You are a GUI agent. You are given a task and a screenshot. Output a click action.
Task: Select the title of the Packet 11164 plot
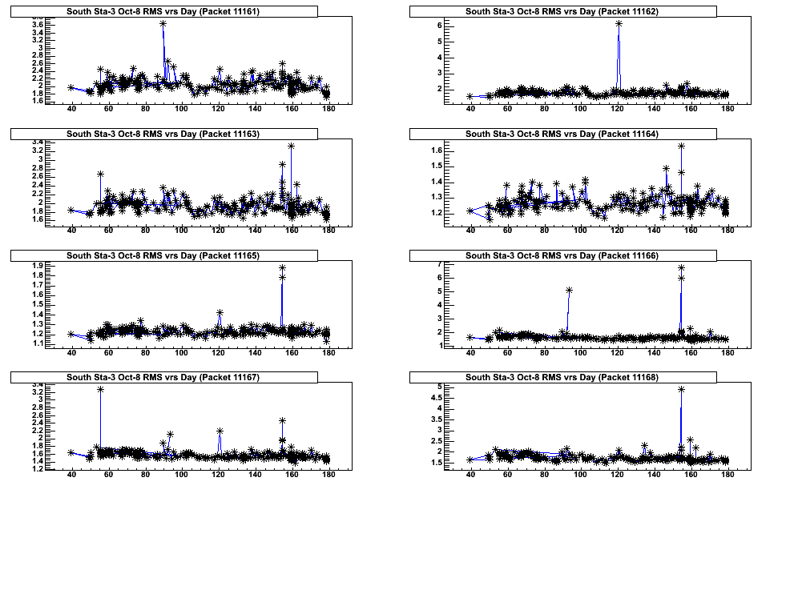coord(562,134)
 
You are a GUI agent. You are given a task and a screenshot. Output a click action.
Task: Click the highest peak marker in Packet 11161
coord(163,24)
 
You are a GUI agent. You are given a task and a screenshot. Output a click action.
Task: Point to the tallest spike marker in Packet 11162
coord(619,24)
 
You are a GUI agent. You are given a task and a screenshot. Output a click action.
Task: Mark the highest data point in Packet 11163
coord(291,146)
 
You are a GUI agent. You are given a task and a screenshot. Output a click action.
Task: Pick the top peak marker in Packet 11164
coord(681,146)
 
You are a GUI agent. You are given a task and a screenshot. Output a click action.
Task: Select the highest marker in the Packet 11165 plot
coord(282,267)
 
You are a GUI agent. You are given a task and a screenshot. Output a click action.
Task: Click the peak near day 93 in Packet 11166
coord(569,290)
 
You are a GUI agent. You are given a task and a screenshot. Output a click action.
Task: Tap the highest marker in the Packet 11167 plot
coord(100,389)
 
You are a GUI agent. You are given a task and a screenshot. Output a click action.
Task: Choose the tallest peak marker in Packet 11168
coord(681,389)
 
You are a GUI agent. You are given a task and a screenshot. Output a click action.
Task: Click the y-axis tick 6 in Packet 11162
coord(440,26)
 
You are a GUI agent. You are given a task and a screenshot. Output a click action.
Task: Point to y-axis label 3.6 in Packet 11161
coord(38,25)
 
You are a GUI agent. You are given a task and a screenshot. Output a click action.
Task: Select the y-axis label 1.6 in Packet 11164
coord(437,150)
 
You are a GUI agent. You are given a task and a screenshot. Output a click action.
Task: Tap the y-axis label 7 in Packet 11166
coord(440,264)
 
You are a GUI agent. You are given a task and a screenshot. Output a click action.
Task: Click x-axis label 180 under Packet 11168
coord(727,475)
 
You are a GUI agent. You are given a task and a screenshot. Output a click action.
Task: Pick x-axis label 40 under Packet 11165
coord(71,353)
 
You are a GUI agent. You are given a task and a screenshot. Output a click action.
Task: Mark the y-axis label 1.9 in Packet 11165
coord(38,266)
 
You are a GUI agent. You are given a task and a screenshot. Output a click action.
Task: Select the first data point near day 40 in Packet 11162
coord(470,96)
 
